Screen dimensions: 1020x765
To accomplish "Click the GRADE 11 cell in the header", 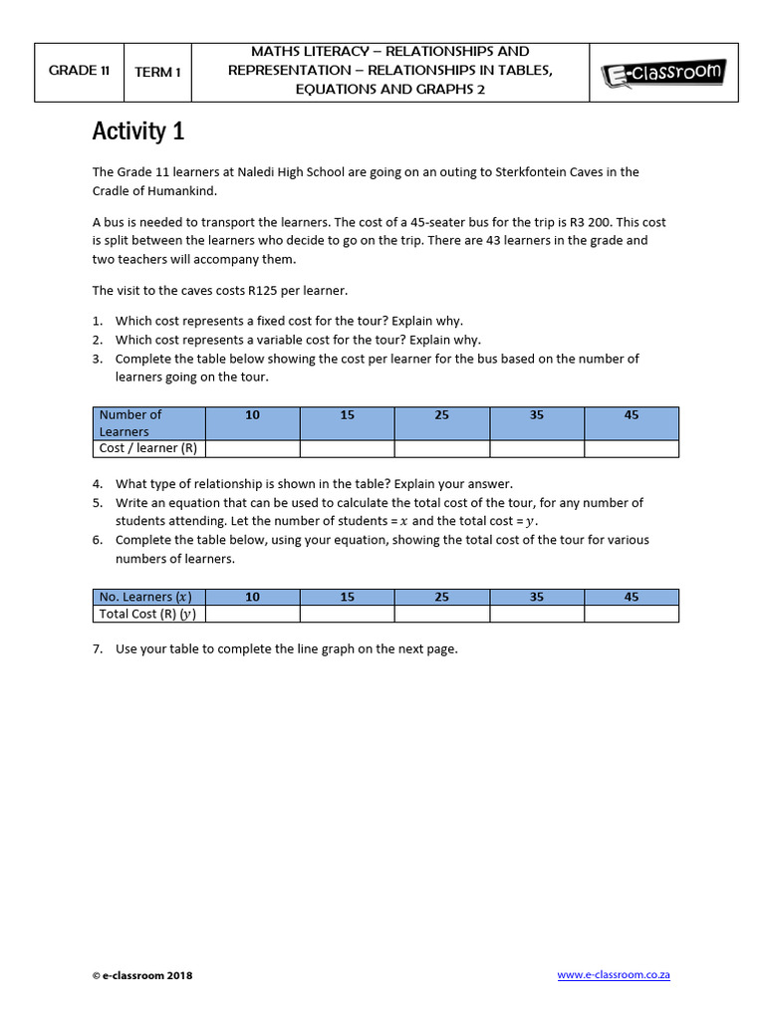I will (x=79, y=72).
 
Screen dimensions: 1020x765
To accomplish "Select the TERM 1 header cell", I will (x=157, y=73).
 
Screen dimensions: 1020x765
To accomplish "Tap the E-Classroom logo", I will (x=663, y=73).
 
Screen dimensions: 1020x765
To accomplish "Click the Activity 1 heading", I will (x=138, y=131).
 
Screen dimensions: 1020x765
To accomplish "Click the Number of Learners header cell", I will (x=148, y=423).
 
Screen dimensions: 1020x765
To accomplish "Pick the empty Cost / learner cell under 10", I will (x=252, y=448).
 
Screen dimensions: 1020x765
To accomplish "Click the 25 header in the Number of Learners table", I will (x=441, y=415).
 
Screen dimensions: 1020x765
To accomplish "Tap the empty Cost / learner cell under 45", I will (x=632, y=448).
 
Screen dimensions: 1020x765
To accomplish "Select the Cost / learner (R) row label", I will (x=148, y=448).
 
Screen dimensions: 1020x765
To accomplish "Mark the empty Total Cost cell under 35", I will (x=537, y=614).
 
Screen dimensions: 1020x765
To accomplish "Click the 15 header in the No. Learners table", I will (x=347, y=597).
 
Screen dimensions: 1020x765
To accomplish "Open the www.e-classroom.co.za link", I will (x=614, y=975).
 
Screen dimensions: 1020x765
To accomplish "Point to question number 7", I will (x=98, y=648).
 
